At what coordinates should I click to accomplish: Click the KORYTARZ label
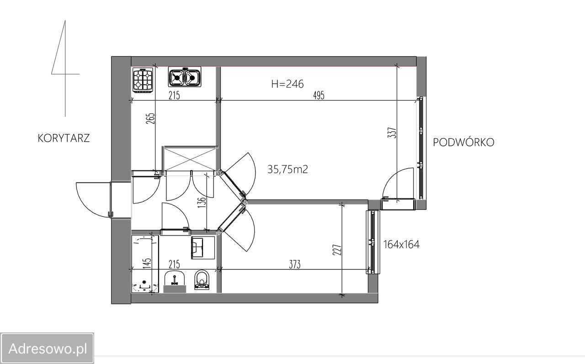[64, 138]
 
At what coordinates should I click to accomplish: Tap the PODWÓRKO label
[463, 142]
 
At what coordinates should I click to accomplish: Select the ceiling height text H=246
[287, 84]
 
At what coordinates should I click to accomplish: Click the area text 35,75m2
[287, 169]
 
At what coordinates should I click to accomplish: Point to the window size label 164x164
[401, 245]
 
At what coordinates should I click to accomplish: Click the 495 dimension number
[319, 96]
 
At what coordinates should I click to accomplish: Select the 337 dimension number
[392, 133]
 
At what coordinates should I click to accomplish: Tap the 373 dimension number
[295, 265]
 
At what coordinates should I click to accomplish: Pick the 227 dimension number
[337, 250]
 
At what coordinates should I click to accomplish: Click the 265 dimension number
[151, 118]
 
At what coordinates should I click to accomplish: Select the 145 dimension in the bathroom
[147, 263]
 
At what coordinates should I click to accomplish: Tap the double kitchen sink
[185, 77]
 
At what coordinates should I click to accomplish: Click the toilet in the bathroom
[202, 279]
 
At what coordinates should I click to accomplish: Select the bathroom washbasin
[175, 282]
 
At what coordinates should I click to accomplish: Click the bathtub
[145, 264]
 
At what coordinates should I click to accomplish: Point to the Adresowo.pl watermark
[47, 348]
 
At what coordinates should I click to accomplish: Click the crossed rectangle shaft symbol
[190, 159]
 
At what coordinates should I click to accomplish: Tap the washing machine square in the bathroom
[203, 248]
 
